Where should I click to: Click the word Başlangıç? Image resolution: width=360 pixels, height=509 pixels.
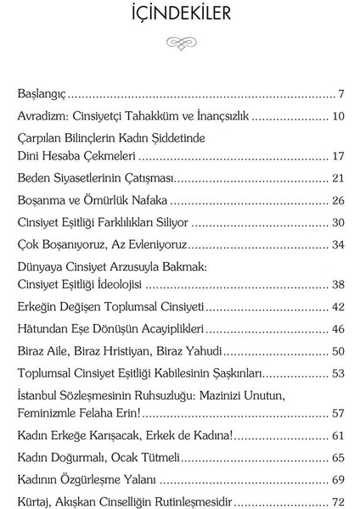(42, 93)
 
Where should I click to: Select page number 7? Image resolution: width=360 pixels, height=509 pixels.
(339, 93)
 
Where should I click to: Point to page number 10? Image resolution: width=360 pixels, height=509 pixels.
(336, 115)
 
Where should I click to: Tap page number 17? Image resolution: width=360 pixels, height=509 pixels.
(336, 156)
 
